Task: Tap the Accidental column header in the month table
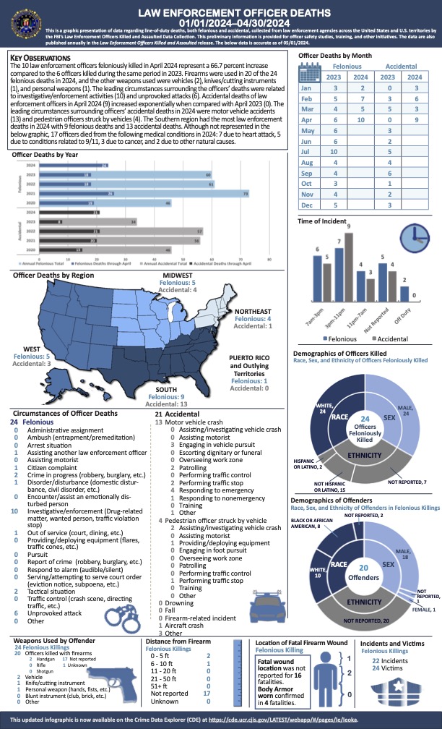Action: [398, 64]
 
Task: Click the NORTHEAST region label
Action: [253, 311]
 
